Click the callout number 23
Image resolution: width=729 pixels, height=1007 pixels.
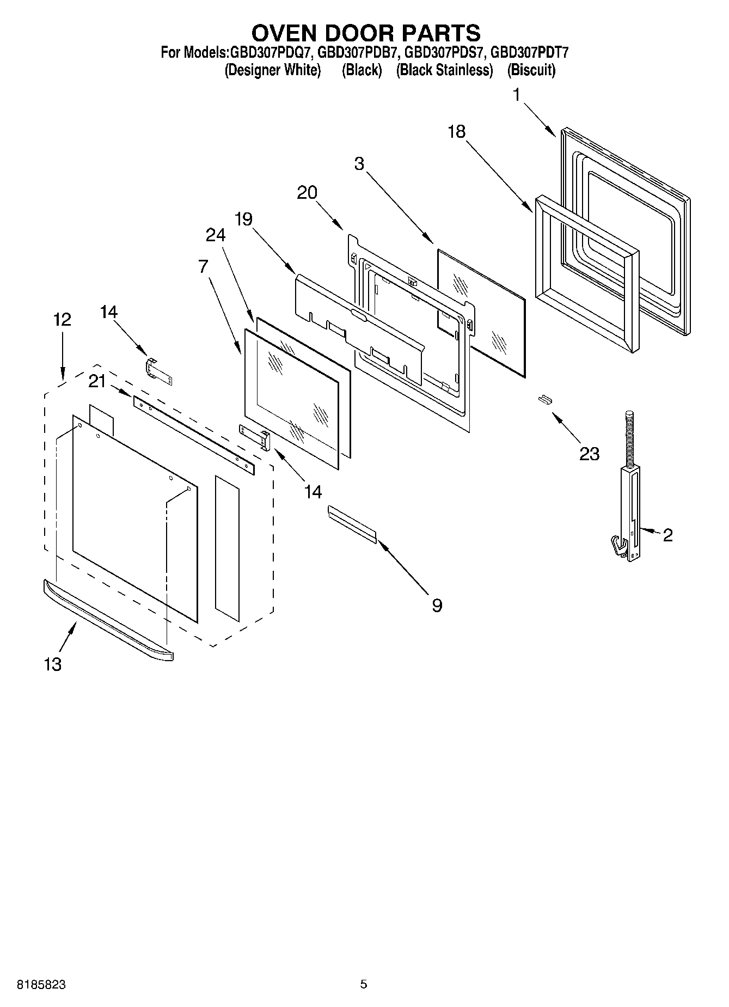(589, 453)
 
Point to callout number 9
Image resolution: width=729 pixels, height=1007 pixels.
(437, 605)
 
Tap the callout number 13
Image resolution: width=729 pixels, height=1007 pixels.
(52, 664)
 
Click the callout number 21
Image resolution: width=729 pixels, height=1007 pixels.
(97, 382)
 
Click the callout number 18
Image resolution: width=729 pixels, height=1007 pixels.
(457, 131)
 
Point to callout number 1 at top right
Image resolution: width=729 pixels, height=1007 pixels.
(516, 95)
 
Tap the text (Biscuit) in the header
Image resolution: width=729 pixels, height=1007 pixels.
(531, 70)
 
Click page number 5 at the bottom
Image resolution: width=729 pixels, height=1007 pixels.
(364, 984)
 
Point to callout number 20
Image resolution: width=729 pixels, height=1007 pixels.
(307, 192)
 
